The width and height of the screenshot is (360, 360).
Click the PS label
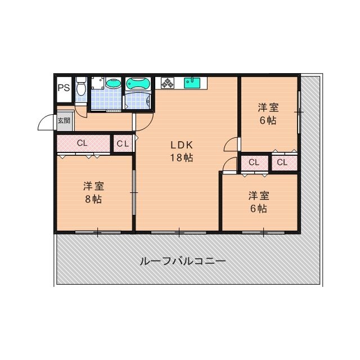pos(63,88)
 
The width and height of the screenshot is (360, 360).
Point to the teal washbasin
pos(113,84)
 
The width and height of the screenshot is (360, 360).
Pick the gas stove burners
pos(168,83)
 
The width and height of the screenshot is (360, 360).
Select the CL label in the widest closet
pos(82,143)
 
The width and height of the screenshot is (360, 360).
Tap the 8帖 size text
pos(93,199)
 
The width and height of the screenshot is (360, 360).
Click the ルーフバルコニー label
pos(182,262)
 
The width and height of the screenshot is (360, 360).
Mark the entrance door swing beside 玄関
pos(46,123)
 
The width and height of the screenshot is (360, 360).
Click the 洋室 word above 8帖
pos(93,186)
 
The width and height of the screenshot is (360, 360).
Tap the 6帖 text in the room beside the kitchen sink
pos(268,120)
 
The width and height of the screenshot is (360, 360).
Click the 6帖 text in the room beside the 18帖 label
pos(258,209)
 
